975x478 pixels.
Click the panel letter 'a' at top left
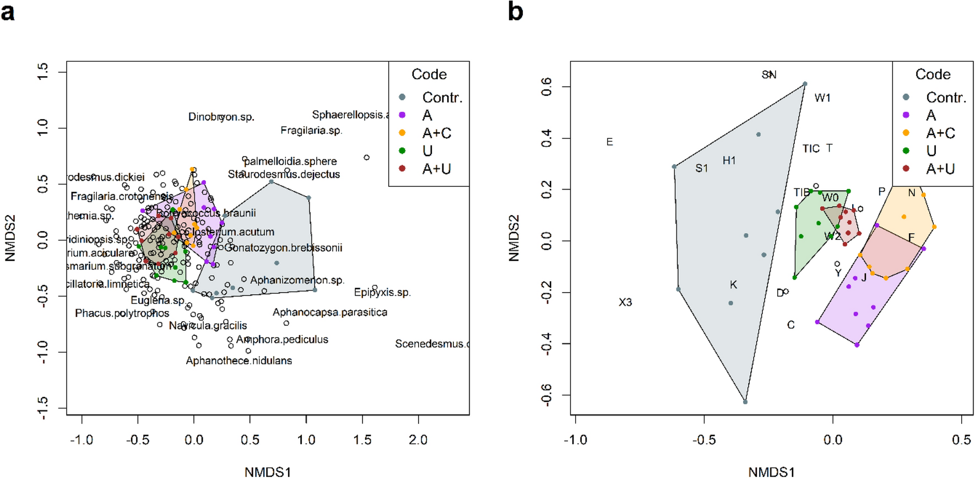click(8, 12)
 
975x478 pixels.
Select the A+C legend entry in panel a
click(436, 133)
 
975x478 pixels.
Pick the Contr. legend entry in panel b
click(946, 98)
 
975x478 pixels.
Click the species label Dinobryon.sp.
click(221, 117)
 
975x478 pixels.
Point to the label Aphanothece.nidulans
click(239, 361)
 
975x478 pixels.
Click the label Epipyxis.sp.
click(382, 292)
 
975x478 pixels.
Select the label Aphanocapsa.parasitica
click(329, 313)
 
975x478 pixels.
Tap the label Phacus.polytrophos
click(122, 313)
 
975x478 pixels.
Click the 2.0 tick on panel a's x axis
click(418, 440)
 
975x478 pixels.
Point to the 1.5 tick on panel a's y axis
click(43, 71)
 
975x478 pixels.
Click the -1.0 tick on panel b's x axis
click(575, 440)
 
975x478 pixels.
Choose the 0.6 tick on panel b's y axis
click(546, 87)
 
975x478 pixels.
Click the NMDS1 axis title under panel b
click(771, 471)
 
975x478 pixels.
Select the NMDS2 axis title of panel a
click(10, 238)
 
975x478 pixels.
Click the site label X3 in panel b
click(625, 302)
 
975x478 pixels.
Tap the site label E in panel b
click(609, 142)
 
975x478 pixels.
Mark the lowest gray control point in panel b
click(745, 402)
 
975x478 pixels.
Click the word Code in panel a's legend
click(429, 74)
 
